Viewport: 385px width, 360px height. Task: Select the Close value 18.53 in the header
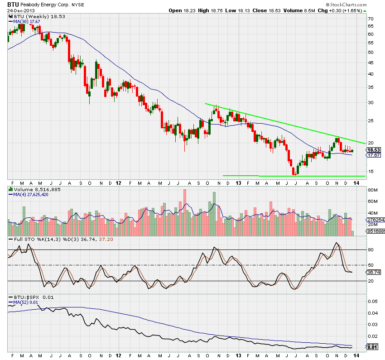click(268, 10)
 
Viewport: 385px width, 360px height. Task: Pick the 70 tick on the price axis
click(370, 19)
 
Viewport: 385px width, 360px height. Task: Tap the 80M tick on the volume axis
click(372, 190)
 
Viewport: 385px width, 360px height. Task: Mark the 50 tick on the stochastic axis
click(370, 265)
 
